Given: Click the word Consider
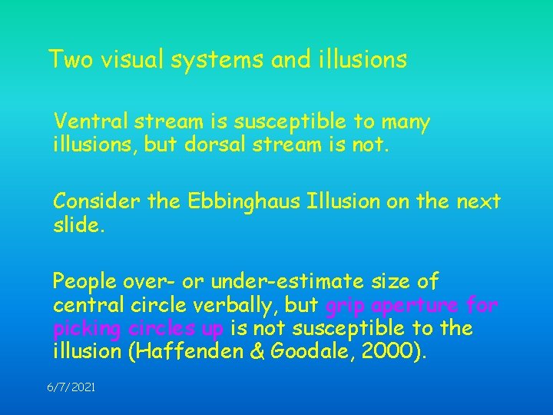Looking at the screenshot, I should pyautogui.click(x=90, y=202).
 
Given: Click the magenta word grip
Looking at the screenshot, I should pyautogui.click(x=343, y=306).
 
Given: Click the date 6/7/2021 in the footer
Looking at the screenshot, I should pyautogui.click(x=71, y=389).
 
